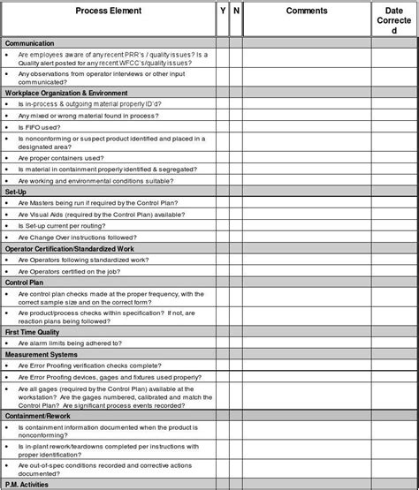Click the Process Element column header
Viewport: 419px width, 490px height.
[110, 11]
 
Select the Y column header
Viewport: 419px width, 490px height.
[222, 11]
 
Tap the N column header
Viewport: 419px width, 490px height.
[235, 11]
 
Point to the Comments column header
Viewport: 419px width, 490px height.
[307, 11]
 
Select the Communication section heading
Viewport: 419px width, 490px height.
[30, 42]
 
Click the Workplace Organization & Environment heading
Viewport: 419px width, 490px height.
[66, 92]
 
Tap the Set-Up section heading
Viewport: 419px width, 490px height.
[15, 191]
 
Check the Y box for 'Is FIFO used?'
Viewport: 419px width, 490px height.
[222, 127]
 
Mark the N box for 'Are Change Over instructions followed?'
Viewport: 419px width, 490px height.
[235, 237]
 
